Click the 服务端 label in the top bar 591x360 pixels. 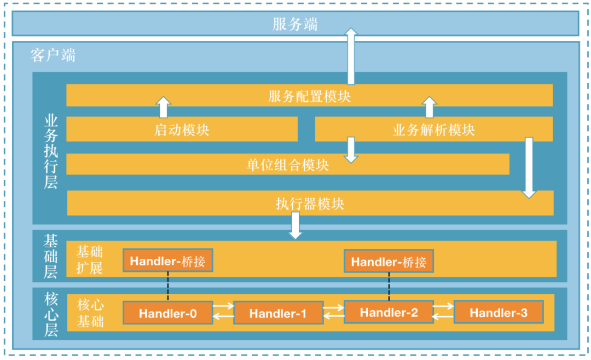[x=295, y=25]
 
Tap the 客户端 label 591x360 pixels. [x=53, y=55]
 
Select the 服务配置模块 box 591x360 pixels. [x=309, y=96]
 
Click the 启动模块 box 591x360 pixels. [x=182, y=130]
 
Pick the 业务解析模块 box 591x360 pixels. [x=433, y=130]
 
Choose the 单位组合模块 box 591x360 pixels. [x=288, y=164]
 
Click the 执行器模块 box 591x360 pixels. [x=310, y=204]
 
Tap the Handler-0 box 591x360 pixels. [x=167, y=313]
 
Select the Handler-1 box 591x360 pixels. [x=278, y=313]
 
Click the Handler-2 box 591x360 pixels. [x=389, y=312]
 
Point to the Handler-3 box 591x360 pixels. [x=499, y=312]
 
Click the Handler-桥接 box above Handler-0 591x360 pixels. [x=167, y=261]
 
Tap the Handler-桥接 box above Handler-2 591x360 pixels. [x=389, y=262]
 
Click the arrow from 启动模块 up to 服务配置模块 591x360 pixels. [x=163, y=107]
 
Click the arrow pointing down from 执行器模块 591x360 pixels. [x=296, y=225]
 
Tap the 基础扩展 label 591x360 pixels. [x=90, y=260]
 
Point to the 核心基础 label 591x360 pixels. [x=90, y=313]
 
